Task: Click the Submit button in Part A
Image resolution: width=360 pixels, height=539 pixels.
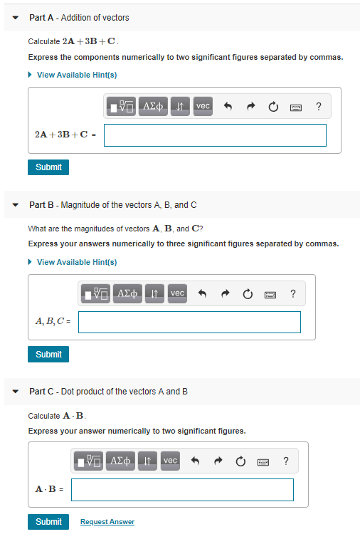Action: click(48, 167)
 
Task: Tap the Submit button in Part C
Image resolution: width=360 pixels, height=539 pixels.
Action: click(48, 522)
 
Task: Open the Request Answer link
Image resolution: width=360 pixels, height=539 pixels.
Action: click(107, 522)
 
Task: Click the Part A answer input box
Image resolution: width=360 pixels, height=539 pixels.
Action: click(215, 135)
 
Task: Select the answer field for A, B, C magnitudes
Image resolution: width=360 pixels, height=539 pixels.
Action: click(189, 322)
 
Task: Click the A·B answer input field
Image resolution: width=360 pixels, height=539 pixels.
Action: click(182, 490)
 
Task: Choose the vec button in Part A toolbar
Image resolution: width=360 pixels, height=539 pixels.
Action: click(203, 106)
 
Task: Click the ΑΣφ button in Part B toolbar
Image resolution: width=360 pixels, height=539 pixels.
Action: click(129, 293)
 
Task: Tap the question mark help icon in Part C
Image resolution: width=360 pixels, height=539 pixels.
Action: click(285, 461)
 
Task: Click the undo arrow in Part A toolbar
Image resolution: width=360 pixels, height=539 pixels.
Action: click(228, 107)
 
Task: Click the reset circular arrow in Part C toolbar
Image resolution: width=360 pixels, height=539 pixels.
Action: click(240, 461)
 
